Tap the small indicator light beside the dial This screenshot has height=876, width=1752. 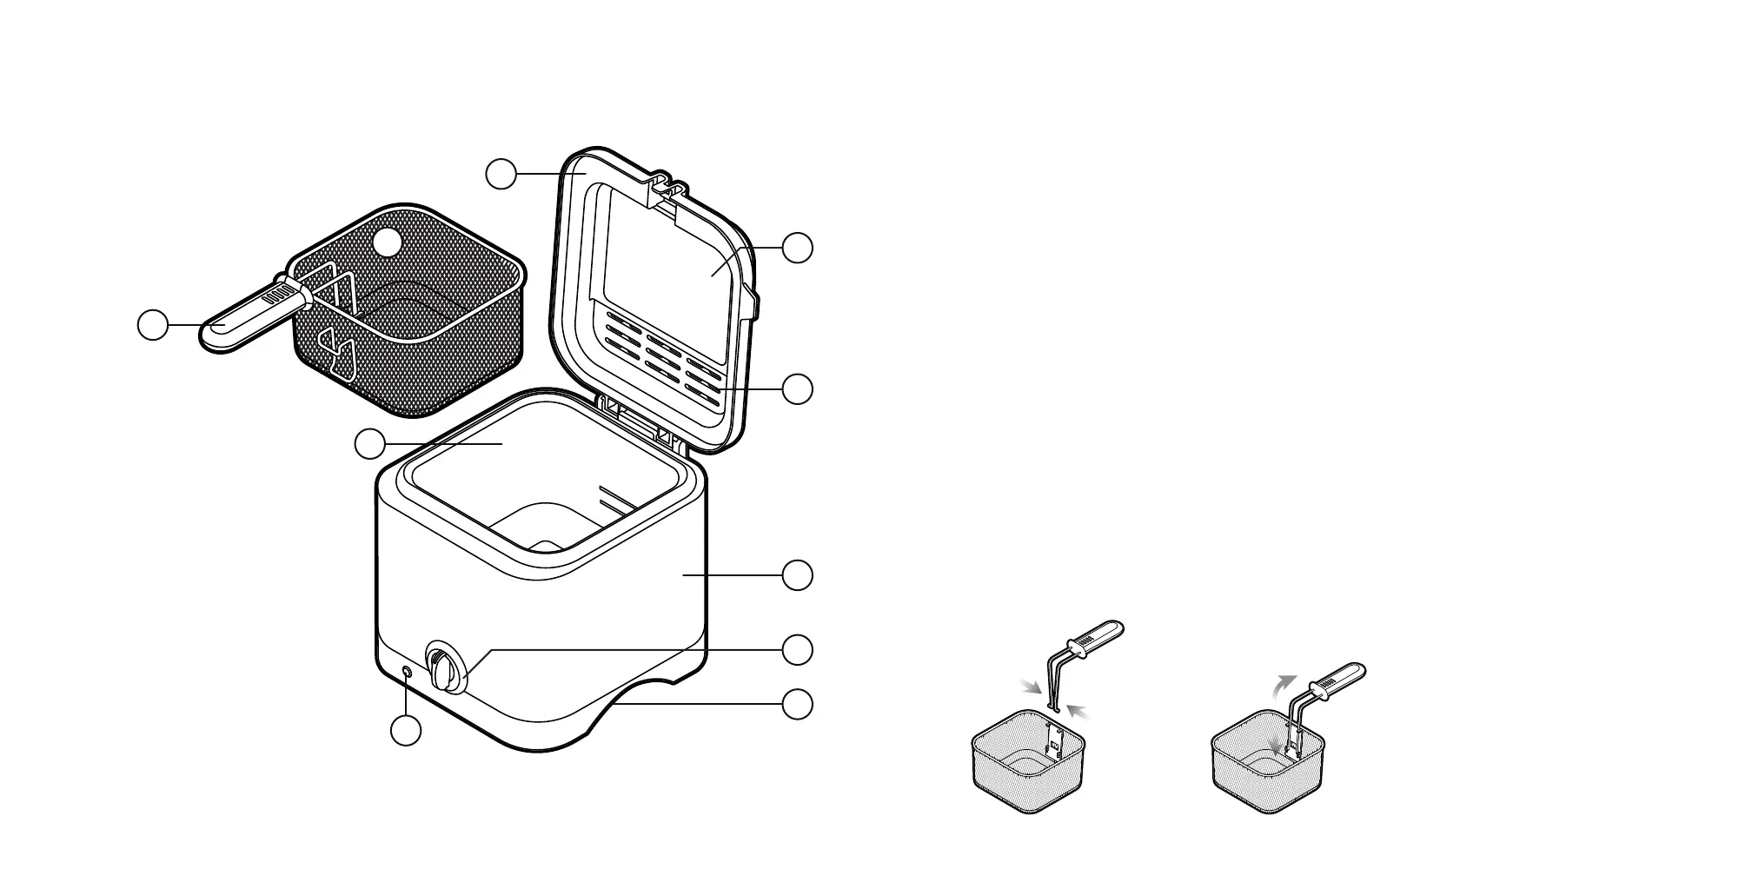click(x=408, y=672)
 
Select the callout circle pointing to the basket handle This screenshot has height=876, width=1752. click(x=154, y=324)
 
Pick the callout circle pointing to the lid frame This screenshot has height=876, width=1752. click(x=501, y=174)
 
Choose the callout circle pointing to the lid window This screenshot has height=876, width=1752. click(x=798, y=248)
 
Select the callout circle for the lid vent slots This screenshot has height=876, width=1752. click(x=798, y=388)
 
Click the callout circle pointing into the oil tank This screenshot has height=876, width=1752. click(x=370, y=444)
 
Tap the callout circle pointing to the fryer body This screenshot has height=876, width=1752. click(x=798, y=575)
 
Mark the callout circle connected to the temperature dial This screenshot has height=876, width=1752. click(x=798, y=649)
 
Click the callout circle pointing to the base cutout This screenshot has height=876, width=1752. click(x=798, y=705)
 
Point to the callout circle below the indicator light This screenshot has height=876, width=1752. click(x=406, y=730)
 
